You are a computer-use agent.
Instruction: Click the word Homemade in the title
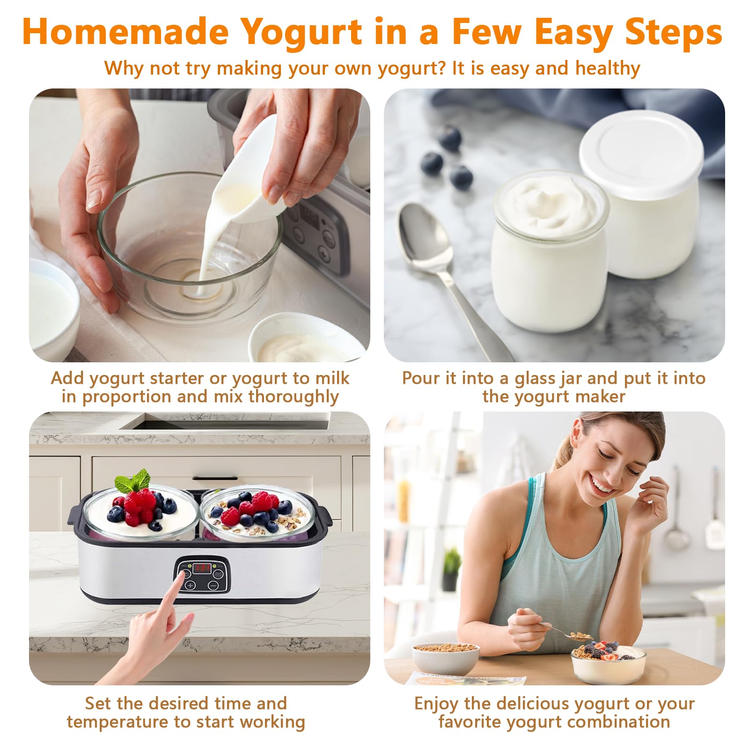(x=125, y=32)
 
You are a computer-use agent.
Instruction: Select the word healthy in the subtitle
(x=608, y=68)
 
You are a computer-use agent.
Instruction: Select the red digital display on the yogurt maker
(x=203, y=568)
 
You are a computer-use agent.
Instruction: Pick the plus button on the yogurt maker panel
(x=190, y=585)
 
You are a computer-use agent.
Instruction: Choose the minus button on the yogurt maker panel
(x=213, y=585)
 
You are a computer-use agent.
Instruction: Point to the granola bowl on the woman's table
(x=446, y=658)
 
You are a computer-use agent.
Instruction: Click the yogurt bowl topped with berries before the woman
(x=608, y=660)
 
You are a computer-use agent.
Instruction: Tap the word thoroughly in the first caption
(x=293, y=397)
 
